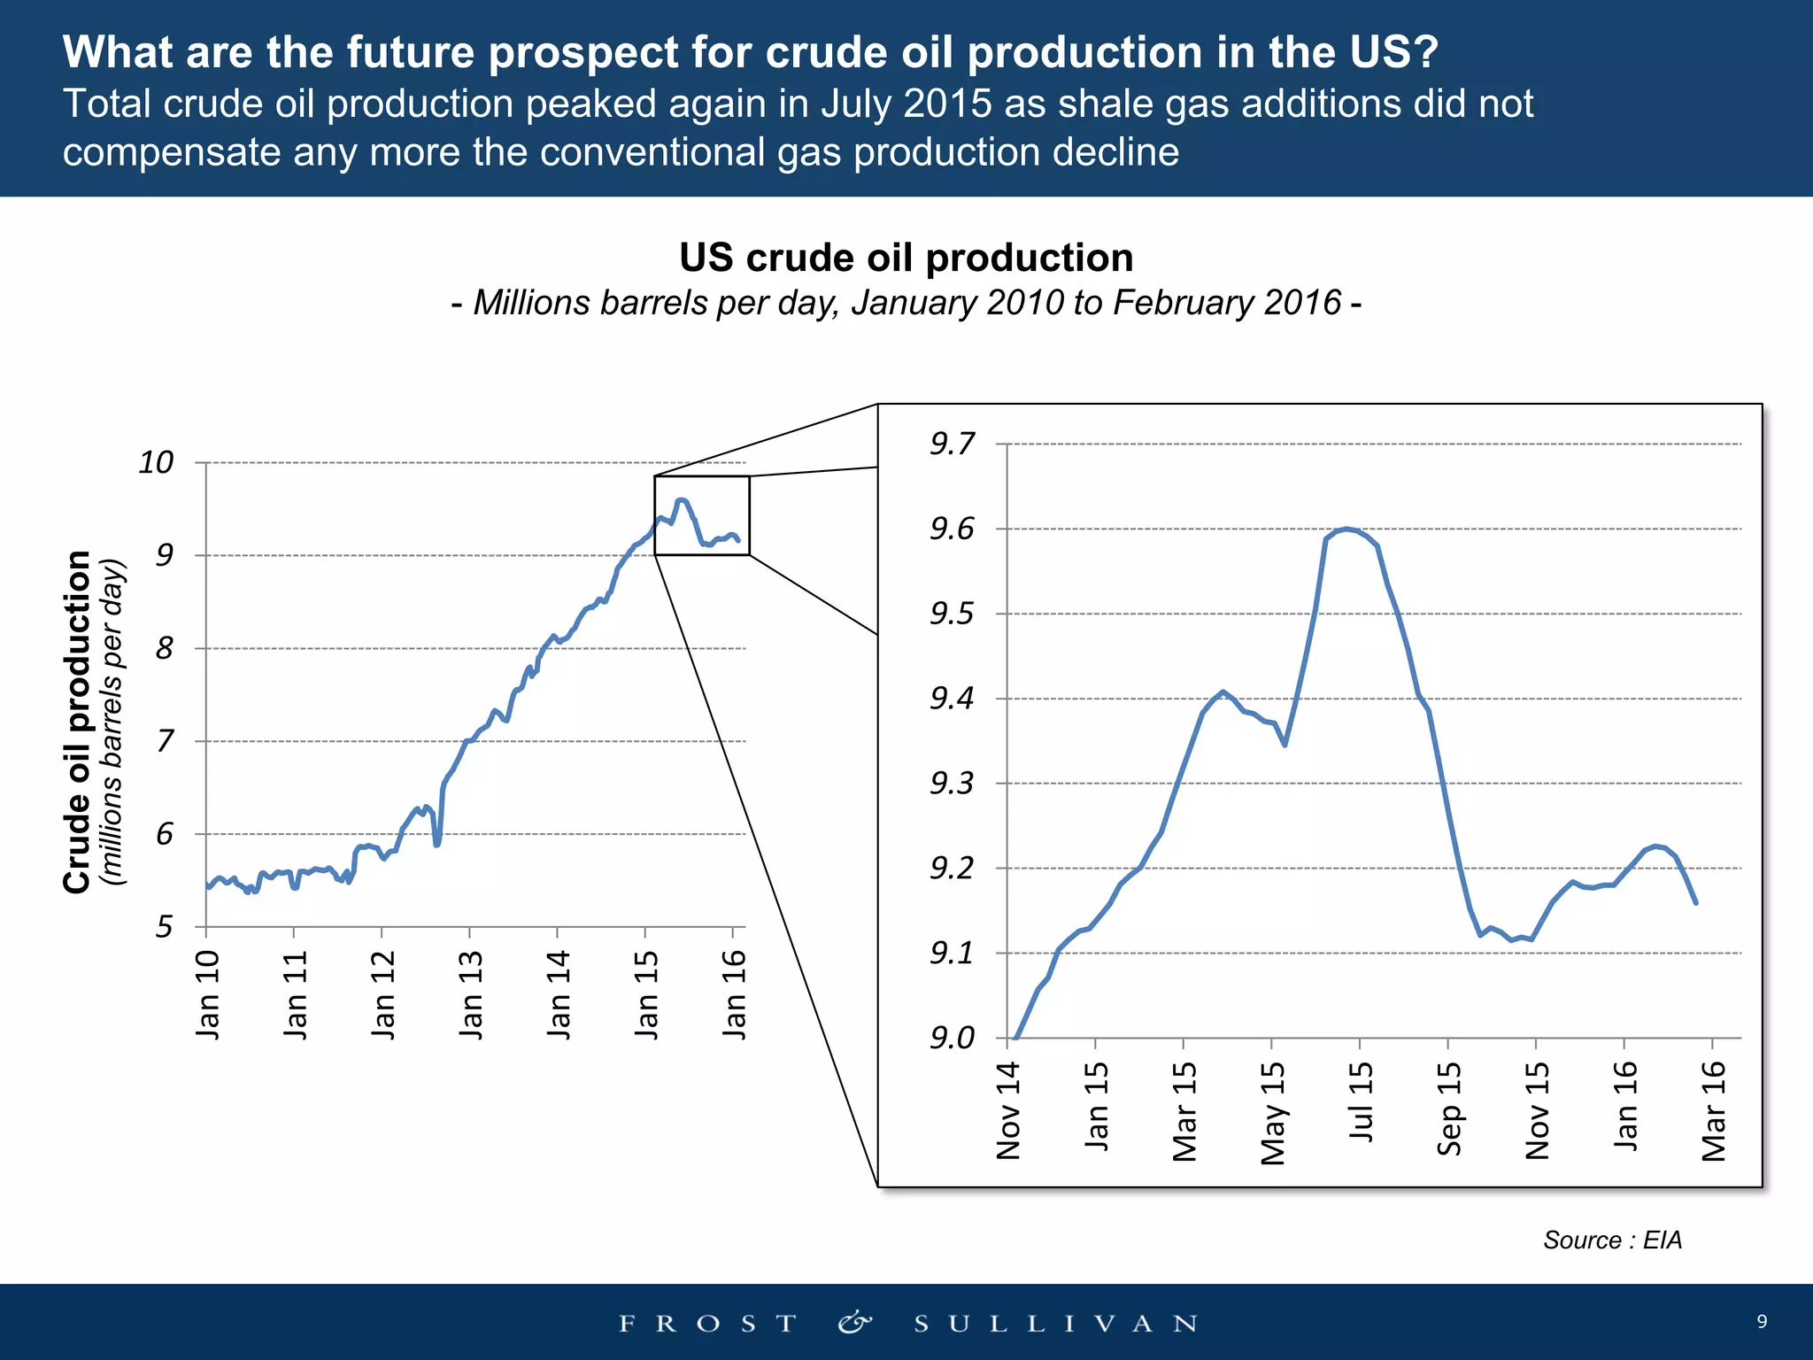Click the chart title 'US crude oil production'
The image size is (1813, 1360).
pos(906,259)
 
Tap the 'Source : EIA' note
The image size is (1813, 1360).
pos(1612,1240)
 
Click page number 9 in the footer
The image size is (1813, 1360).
pos(1762,1321)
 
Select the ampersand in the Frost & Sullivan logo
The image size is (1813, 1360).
pos(854,1323)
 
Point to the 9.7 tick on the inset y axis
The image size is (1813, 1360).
pos(952,444)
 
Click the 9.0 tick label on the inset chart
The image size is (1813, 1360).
pos(952,1038)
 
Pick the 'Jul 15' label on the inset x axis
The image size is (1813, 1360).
pos(1361,1102)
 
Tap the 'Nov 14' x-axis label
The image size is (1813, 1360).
pos(1008,1111)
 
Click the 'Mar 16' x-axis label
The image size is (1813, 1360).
pos(1714,1111)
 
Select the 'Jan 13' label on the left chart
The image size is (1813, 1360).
pos(471,993)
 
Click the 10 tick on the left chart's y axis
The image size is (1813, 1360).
pos(156,462)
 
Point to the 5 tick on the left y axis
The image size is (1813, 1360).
pos(165,927)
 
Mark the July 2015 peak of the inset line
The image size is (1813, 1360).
pos(1346,529)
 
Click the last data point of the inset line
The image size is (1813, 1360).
pos(1695,902)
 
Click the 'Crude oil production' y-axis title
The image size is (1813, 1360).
pos(78,722)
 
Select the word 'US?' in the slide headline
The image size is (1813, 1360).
pos(1394,52)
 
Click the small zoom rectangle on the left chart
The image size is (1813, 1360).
pos(702,515)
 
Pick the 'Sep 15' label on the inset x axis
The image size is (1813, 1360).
pos(1449,1109)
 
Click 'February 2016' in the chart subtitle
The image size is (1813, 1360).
pos(1227,303)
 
